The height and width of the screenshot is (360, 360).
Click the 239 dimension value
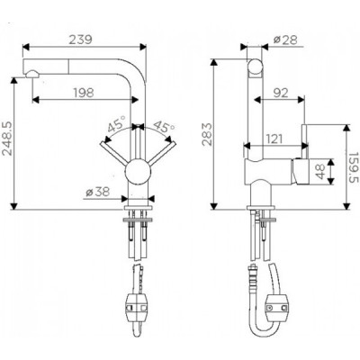(80, 40)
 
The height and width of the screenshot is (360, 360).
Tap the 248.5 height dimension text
(8, 137)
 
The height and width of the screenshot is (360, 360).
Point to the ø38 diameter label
(98, 192)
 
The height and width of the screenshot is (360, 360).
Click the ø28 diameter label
(285, 40)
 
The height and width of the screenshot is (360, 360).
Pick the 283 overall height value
(208, 134)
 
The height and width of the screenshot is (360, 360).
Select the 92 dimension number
(280, 93)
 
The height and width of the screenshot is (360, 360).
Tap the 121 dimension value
(274, 139)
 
